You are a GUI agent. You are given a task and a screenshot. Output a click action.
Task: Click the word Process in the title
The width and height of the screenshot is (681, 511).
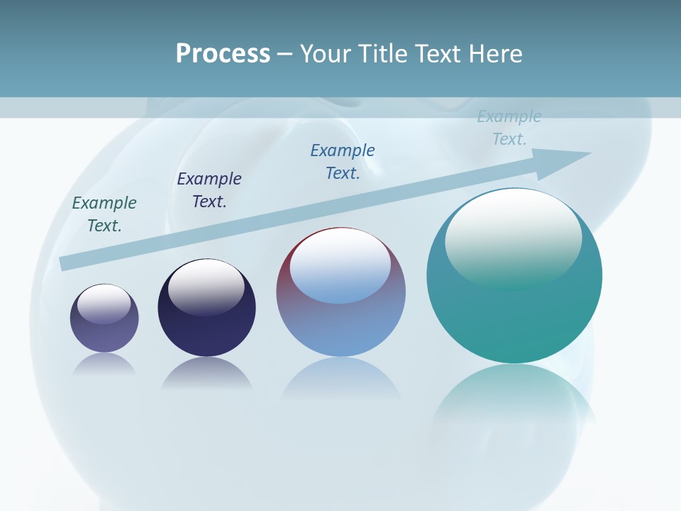coord(223,54)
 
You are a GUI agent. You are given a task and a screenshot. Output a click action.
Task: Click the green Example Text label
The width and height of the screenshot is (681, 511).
coord(104,214)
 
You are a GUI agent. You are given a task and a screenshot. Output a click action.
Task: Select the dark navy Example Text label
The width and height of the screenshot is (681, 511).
coord(209,189)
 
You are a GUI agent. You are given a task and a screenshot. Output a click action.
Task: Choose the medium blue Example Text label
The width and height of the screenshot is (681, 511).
coord(343,161)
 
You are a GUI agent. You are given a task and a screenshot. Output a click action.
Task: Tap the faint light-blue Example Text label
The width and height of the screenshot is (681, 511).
coord(509,128)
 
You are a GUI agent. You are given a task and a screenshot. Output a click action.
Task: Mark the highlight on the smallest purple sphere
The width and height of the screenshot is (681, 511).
coord(104,304)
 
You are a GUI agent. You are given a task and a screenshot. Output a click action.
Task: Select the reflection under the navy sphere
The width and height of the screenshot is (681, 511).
coord(206,373)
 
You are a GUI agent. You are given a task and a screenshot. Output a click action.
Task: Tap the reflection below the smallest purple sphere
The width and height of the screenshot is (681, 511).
coord(104,363)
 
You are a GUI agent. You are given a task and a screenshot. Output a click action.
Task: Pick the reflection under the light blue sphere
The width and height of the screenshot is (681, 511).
coord(340,380)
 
